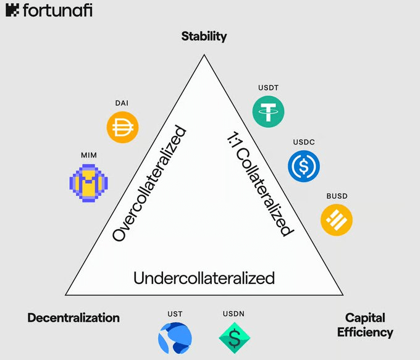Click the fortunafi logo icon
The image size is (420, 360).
(12, 10)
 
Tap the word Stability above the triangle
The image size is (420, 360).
(204, 36)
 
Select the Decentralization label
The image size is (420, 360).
(73, 318)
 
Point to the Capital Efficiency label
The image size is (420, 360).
(365, 325)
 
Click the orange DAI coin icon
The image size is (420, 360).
(123, 127)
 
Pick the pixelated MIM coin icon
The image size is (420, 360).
(89, 183)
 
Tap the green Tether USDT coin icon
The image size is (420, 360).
(269, 111)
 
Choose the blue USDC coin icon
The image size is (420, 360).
(304, 166)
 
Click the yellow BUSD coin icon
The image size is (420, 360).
(337, 220)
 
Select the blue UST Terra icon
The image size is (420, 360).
(175, 338)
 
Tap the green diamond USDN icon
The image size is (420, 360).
(235, 338)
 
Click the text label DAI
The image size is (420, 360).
(122, 103)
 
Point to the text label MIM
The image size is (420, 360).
(89, 156)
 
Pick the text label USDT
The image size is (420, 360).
(269, 88)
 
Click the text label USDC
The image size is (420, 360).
(304, 142)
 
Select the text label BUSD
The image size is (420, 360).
(337, 196)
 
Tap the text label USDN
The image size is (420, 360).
(233, 314)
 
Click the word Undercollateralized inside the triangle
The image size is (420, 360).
(204, 278)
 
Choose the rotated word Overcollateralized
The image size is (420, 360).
(149, 183)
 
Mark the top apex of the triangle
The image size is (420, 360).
(204, 55)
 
